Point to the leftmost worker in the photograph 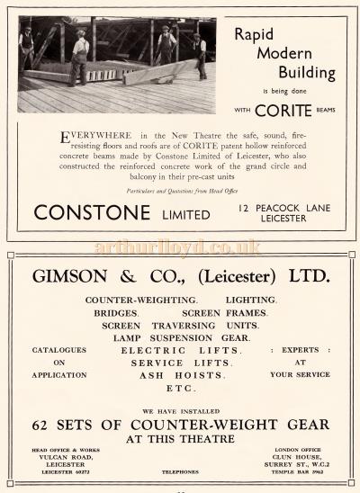[28, 50]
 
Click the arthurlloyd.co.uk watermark [180, 246]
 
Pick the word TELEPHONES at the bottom [179, 471]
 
